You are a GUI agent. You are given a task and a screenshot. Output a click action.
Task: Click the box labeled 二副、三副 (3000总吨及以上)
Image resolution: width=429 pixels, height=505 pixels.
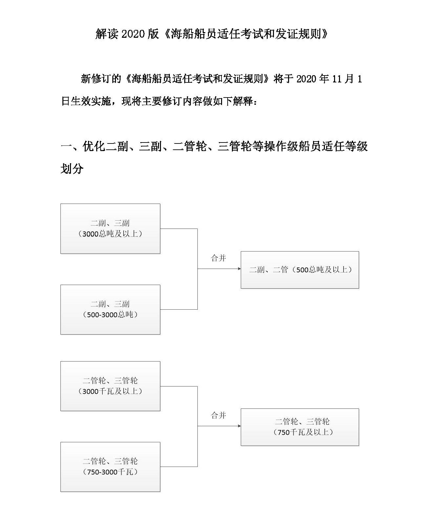(x=110, y=229)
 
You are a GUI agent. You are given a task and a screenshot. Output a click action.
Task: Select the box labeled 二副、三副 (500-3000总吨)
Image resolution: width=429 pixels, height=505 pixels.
(x=110, y=309)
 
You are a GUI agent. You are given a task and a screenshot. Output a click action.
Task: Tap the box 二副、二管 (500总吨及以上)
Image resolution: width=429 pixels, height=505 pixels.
(x=300, y=270)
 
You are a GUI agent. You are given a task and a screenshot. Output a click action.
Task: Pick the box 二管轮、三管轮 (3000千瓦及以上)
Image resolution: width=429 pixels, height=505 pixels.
(x=110, y=386)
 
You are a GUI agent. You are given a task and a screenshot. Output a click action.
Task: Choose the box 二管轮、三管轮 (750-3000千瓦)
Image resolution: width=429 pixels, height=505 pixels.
(x=110, y=467)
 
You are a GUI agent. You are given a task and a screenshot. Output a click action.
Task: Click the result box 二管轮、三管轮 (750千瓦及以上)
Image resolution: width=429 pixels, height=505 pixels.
(x=300, y=427)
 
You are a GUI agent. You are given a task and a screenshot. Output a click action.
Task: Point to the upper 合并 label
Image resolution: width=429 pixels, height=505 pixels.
(x=218, y=258)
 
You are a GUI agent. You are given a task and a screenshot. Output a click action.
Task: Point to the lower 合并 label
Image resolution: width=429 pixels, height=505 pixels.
(x=218, y=415)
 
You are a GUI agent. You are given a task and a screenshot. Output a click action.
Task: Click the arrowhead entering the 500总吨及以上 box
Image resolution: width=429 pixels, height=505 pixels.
(x=239, y=269)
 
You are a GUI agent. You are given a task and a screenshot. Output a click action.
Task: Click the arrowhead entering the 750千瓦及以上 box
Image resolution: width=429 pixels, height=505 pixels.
(x=239, y=426)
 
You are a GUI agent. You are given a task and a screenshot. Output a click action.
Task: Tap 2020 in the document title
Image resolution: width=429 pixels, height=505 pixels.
(x=133, y=34)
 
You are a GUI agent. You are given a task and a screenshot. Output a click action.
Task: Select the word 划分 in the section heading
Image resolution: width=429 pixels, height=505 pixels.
(x=72, y=169)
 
